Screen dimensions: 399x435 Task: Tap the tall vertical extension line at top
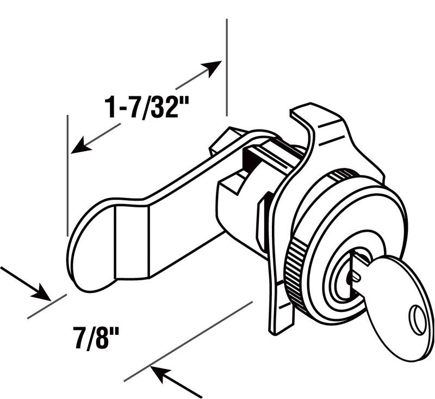click(x=226, y=65)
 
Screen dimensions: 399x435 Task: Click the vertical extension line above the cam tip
click(x=67, y=174)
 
